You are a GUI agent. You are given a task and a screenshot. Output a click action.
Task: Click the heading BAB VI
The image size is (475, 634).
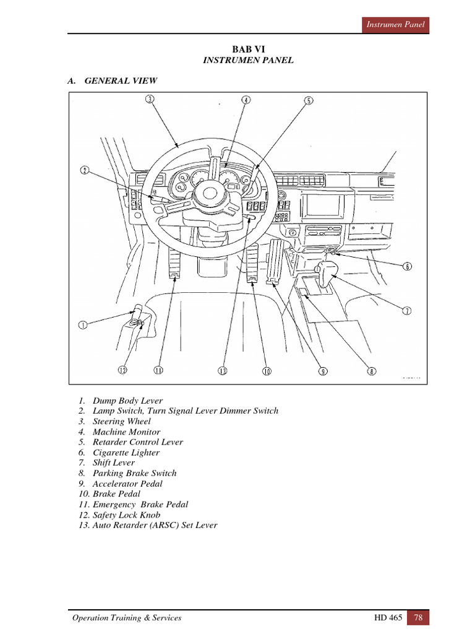pyautogui.click(x=247, y=49)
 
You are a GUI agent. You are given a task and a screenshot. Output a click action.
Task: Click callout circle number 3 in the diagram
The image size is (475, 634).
pyautogui.click(x=150, y=98)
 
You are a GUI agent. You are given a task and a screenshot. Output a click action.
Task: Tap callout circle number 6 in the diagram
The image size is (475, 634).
pyautogui.click(x=407, y=267)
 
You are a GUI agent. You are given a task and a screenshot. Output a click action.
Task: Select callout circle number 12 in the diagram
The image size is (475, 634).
pyautogui.click(x=122, y=370)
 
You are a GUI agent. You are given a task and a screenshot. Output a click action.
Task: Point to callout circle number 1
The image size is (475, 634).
pyautogui.click(x=82, y=324)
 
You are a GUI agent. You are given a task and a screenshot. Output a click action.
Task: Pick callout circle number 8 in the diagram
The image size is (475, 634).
pyautogui.click(x=371, y=371)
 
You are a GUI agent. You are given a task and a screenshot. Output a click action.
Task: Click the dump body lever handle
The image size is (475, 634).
pyautogui.click(x=137, y=311)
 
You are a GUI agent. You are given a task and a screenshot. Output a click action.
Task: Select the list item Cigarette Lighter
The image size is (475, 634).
pyautogui.click(x=126, y=453)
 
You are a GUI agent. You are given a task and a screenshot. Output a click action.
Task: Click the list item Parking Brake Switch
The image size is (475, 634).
pyautogui.click(x=134, y=473)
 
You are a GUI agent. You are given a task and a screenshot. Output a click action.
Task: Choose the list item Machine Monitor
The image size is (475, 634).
pyautogui.click(x=126, y=432)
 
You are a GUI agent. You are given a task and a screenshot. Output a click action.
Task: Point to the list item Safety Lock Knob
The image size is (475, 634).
pyautogui.click(x=126, y=515)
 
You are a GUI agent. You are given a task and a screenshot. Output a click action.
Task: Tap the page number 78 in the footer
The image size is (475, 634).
pyautogui.click(x=418, y=617)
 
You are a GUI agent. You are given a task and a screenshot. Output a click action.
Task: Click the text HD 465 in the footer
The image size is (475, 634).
pyautogui.click(x=386, y=617)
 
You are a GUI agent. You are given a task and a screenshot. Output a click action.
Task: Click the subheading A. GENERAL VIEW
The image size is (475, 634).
pyautogui.click(x=112, y=80)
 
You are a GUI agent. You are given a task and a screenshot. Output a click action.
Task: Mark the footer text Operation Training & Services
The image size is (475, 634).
pyautogui.click(x=127, y=617)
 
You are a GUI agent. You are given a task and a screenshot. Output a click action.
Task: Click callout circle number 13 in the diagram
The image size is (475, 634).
pyautogui.click(x=223, y=371)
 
